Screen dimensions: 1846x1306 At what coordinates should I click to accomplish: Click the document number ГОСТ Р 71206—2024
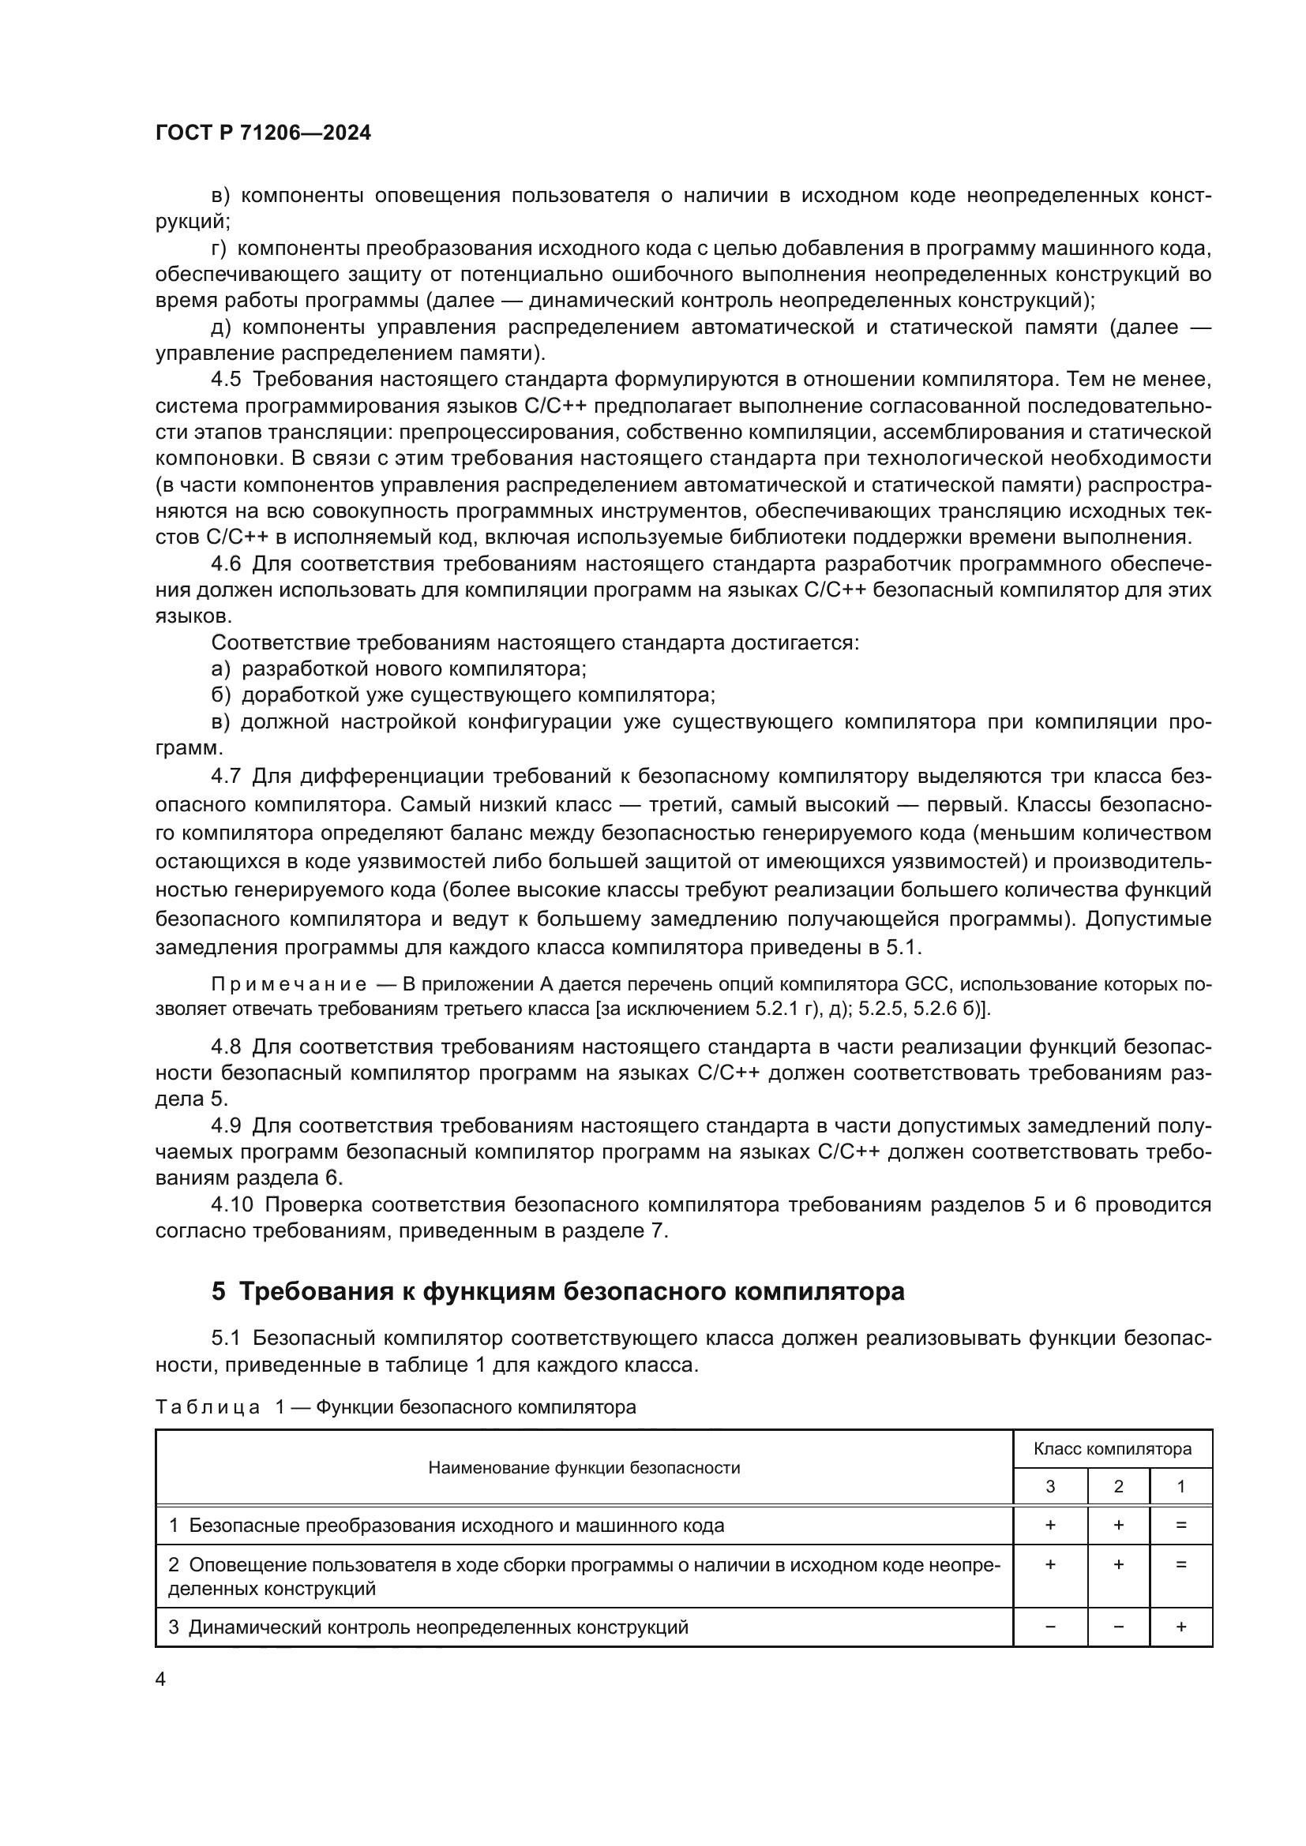pyautogui.click(x=263, y=133)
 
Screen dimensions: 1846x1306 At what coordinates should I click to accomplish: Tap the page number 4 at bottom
pyautogui.click(x=160, y=1679)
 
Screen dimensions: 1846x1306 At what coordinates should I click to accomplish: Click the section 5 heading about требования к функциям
pyautogui.click(x=557, y=1290)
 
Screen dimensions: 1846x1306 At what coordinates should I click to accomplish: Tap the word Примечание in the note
pyautogui.click(x=289, y=985)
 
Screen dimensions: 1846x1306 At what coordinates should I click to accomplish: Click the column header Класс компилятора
pyautogui.click(x=1113, y=1449)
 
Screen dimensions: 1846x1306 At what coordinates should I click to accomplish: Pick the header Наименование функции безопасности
pyautogui.click(x=584, y=1467)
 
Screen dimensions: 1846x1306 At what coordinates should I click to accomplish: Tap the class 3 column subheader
pyautogui.click(x=1050, y=1487)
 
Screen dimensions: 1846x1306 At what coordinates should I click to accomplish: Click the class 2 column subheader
pyautogui.click(x=1118, y=1487)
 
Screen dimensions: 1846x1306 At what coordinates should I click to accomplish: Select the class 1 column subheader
pyautogui.click(x=1180, y=1487)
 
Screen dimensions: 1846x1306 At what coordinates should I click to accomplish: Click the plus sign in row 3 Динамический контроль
pyautogui.click(x=1180, y=1627)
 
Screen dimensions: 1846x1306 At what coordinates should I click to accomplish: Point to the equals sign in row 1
pyautogui.click(x=1180, y=1526)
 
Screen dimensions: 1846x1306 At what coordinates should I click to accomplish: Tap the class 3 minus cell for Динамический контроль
pyautogui.click(x=1050, y=1627)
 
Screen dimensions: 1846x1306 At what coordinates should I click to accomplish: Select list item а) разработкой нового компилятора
pyautogui.click(x=399, y=669)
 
